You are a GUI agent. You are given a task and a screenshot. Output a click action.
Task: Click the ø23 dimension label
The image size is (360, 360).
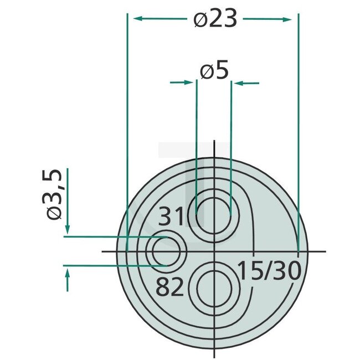coord(215,19)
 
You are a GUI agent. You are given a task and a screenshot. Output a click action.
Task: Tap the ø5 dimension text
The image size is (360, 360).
coord(214,71)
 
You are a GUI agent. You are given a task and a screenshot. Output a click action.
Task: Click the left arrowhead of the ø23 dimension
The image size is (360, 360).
coord(134,19)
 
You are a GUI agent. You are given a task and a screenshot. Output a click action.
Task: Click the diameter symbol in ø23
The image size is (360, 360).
coord(200,20)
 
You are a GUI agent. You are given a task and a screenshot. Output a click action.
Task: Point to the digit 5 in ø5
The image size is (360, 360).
coord(222,71)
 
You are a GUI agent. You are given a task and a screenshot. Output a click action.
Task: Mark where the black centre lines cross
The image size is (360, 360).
coord(214,252)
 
